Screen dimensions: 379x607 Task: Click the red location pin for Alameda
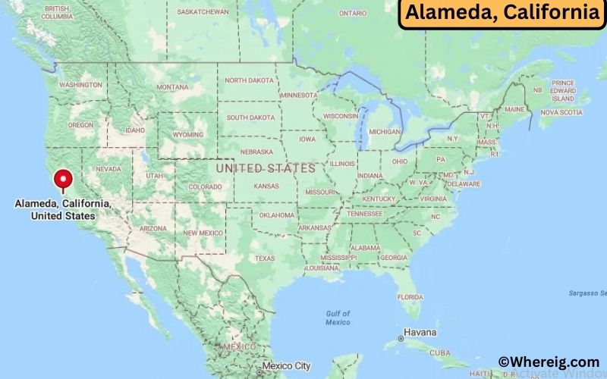click(63, 180)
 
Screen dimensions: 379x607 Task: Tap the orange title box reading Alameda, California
click(502, 13)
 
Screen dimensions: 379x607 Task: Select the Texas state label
click(265, 258)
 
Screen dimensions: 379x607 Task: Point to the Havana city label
click(420, 333)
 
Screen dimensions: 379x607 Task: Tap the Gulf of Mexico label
click(338, 318)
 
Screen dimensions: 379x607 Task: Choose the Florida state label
click(410, 296)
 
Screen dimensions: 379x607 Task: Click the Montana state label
click(172, 87)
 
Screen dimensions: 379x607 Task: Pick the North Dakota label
click(250, 80)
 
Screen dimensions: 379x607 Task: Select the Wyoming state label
click(187, 135)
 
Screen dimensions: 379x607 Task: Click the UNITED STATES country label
click(265, 168)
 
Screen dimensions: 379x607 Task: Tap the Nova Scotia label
click(561, 113)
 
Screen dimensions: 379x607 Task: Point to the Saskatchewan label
click(203, 12)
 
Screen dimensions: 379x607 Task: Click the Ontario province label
click(352, 13)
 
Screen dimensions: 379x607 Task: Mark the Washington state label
click(80, 85)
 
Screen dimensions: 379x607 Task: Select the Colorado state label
click(205, 186)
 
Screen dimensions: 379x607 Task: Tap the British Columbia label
click(57, 12)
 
